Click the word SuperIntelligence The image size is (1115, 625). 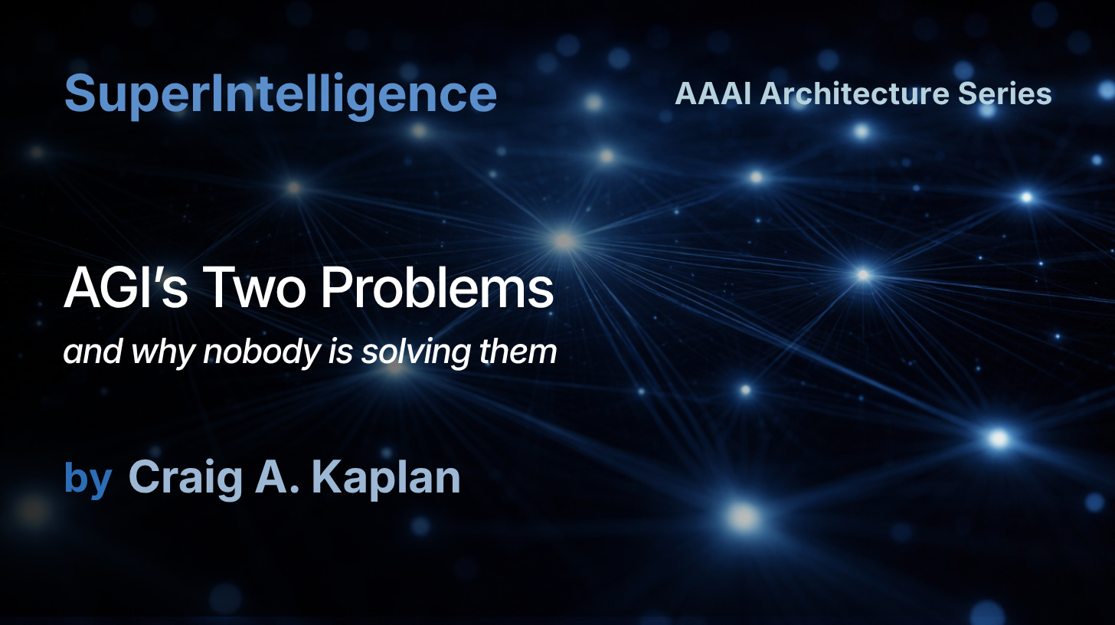pos(280,95)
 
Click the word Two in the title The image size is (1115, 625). pos(254,290)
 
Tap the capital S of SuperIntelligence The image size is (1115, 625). pos(80,95)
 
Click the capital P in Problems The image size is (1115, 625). pos(337,290)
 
